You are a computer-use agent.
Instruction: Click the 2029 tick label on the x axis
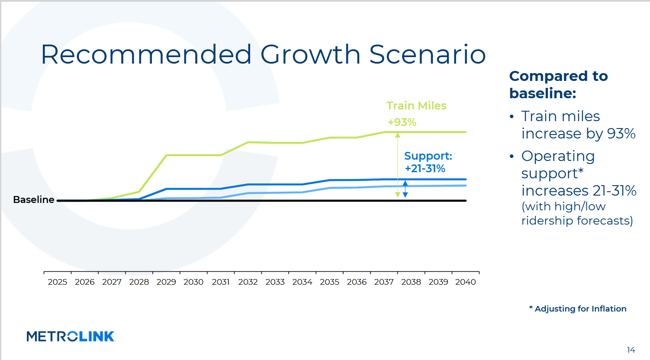(x=166, y=282)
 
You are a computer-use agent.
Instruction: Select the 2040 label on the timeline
(x=466, y=282)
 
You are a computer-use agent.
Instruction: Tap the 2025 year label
(x=58, y=282)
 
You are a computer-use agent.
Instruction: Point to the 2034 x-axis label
(x=302, y=282)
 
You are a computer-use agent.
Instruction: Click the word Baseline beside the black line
(x=34, y=200)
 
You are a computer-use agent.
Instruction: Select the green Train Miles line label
(x=416, y=106)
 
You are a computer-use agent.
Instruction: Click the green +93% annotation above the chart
(x=402, y=122)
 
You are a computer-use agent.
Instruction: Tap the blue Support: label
(x=428, y=156)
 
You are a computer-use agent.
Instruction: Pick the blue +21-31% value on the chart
(x=425, y=169)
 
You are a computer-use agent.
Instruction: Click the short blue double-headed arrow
(x=405, y=189)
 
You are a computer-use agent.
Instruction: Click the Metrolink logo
(x=71, y=336)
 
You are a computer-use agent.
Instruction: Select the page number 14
(x=631, y=350)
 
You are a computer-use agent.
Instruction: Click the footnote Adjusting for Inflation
(x=580, y=309)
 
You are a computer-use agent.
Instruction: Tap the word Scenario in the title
(x=428, y=55)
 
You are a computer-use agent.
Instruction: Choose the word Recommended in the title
(x=146, y=55)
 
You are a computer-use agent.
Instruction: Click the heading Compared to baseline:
(x=558, y=84)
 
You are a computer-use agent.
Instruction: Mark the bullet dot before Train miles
(x=512, y=117)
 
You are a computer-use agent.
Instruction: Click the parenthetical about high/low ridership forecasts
(x=577, y=214)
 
